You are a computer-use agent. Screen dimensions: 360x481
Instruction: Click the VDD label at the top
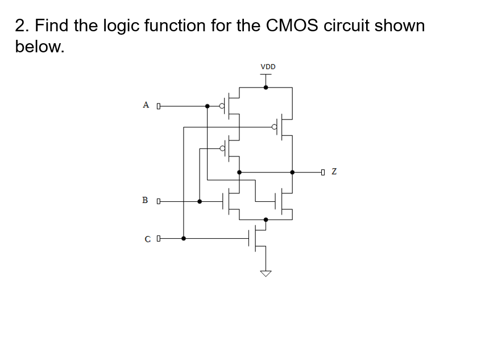(268, 67)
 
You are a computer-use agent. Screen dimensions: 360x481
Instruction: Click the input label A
(146, 105)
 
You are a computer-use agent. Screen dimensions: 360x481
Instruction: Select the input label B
(146, 201)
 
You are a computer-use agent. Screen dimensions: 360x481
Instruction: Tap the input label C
(148, 239)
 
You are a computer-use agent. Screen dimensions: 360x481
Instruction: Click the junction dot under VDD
(266, 87)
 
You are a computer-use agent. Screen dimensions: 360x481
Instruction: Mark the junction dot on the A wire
(208, 106)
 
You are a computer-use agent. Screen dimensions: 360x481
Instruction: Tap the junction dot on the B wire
(199, 201)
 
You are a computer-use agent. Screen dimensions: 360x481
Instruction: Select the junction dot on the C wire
(183, 239)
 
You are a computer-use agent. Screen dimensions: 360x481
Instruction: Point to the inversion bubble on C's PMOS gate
(275, 127)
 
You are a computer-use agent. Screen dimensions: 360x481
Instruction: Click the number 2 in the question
(20, 26)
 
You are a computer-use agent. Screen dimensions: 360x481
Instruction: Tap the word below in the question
(39, 47)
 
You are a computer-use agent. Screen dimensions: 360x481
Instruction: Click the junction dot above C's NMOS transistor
(266, 219)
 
